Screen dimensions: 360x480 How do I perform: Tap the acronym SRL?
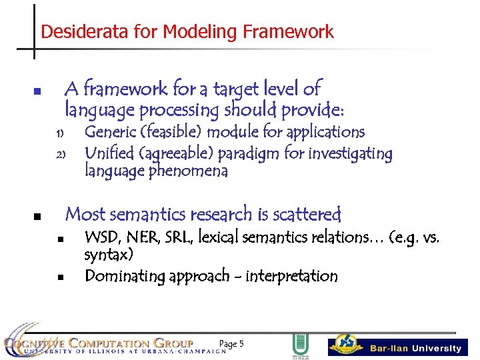coord(177,237)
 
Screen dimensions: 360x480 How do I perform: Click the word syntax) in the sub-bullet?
coord(109,255)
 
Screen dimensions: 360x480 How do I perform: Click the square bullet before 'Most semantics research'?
coord(37,216)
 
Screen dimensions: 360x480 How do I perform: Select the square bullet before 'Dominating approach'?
coord(59,277)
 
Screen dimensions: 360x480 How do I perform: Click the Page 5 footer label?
coord(231,344)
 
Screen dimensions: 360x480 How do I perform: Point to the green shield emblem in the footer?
coord(299,345)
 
